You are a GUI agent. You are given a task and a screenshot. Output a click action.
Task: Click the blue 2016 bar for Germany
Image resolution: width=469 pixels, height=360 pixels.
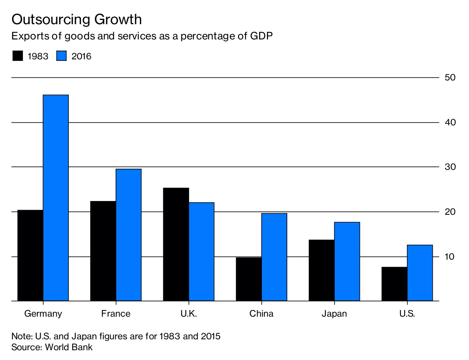56,198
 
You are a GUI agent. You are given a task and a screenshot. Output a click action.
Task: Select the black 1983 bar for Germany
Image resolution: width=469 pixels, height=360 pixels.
30,255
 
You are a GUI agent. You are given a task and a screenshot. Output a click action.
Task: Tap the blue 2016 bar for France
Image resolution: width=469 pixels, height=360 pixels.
129,235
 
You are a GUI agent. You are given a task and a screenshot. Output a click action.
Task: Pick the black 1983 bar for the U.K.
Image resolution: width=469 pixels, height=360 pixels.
176,244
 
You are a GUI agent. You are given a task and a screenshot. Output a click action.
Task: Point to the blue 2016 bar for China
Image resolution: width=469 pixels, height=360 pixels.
274,257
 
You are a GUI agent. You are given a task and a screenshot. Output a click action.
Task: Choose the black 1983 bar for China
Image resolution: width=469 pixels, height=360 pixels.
249,279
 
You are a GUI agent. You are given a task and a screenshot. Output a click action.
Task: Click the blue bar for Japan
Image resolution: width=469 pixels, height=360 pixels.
347,261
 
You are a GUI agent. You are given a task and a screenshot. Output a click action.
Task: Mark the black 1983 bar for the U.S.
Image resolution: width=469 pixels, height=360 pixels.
394,284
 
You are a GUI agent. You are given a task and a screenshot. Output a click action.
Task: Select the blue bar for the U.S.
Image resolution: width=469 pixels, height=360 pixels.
420,273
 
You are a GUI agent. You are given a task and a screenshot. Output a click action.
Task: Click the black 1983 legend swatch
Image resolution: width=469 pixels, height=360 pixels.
18,56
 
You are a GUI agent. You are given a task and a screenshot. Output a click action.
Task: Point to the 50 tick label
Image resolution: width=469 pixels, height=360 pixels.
450,77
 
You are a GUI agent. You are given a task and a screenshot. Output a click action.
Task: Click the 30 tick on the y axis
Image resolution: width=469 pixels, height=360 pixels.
450,167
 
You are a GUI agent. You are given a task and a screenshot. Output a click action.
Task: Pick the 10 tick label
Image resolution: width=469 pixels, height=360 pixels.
450,257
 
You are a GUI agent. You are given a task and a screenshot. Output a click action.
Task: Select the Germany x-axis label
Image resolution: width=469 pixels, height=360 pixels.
43,314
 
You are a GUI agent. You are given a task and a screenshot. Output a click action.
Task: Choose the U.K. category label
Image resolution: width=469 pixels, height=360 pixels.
189,314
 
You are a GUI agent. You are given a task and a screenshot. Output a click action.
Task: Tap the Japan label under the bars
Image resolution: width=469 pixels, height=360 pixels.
334,314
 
